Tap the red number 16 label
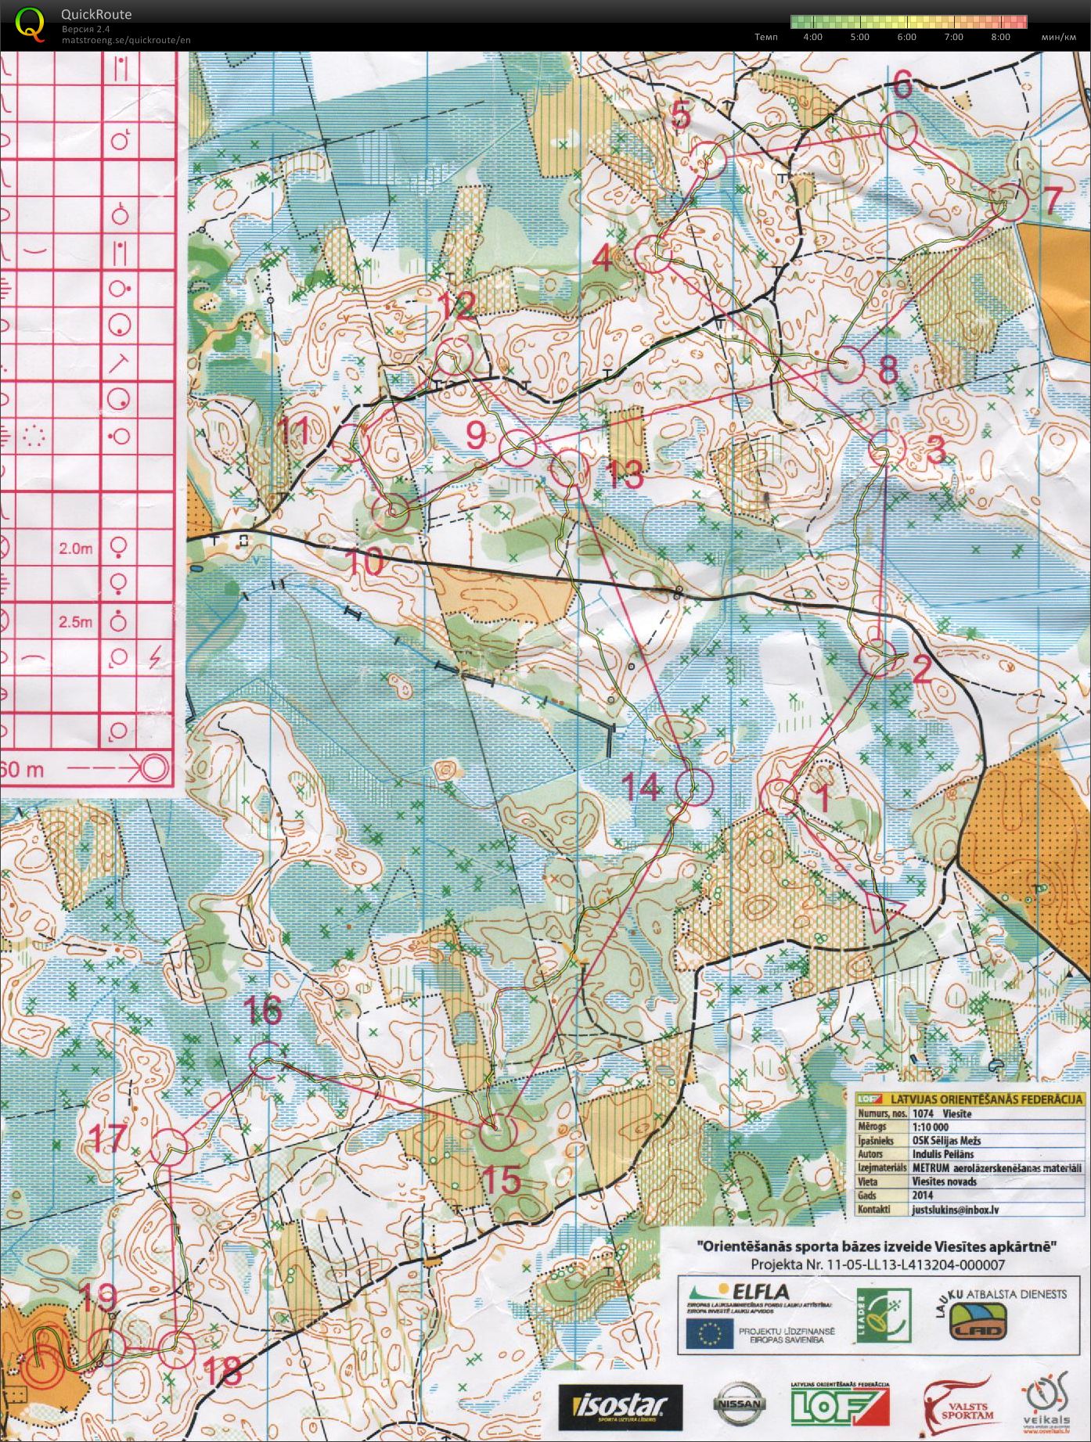[x=263, y=1010]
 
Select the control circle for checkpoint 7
[x=1010, y=202]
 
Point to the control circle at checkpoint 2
[x=877, y=658]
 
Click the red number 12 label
[x=457, y=306]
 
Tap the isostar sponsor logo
[x=620, y=1406]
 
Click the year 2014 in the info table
[x=923, y=1195]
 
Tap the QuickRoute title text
[x=95, y=14]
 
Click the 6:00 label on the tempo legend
[x=906, y=37]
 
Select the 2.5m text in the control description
[x=75, y=622]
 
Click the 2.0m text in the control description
[x=75, y=548]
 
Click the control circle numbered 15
[x=498, y=1133]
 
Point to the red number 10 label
[x=364, y=562]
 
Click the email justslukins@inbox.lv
[x=955, y=1209]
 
